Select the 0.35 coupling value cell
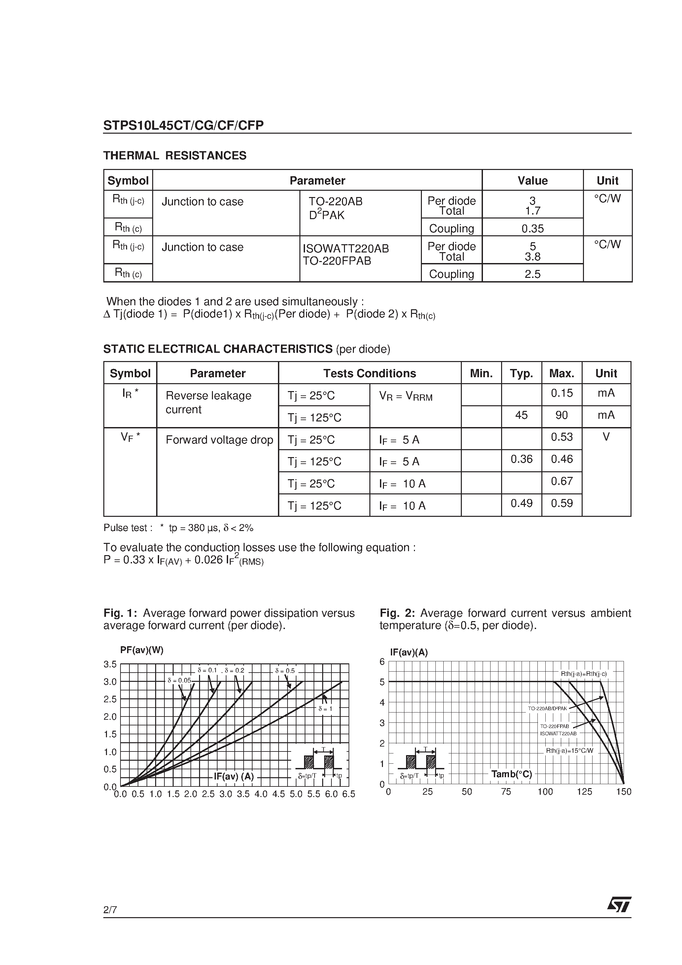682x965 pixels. (532, 229)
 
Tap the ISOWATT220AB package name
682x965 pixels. (346, 249)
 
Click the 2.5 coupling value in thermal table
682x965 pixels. (532, 274)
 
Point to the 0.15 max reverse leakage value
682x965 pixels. (562, 393)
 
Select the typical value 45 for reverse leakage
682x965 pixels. (521, 415)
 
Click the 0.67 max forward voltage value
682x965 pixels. (562, 481)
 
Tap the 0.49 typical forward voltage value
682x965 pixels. (521, 503)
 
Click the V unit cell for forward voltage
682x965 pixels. (606, 437)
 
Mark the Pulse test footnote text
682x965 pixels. (178, 528)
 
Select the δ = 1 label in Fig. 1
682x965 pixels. (325, 709)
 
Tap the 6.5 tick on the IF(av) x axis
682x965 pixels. (349, 794)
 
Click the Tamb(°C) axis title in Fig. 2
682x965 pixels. (511, 774)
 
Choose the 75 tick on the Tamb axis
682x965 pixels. (506, 792)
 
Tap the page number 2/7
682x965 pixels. (110, 910)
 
